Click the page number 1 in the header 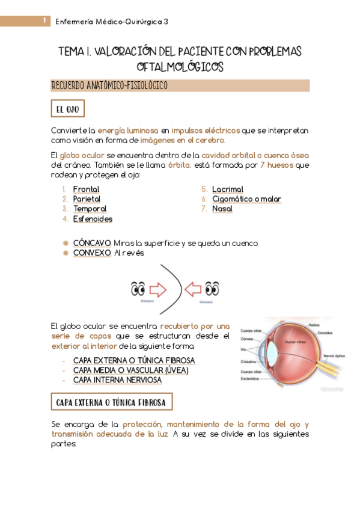coord(44,21)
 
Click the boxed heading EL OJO coord(68,109)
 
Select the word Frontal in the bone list coord(86,189)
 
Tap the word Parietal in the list coord(87,199)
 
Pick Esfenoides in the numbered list coord(93,219)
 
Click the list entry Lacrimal coord(228,189)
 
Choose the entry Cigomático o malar coord(246,199)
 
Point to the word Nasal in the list coord(222,209)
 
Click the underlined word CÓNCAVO coord(92,243)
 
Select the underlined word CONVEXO coord(92,253)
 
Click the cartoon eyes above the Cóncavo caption coord(138,289)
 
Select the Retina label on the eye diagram coord(314,325)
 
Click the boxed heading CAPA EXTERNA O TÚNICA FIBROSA coord(112,401)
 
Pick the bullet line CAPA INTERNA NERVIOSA coord(117,380)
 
